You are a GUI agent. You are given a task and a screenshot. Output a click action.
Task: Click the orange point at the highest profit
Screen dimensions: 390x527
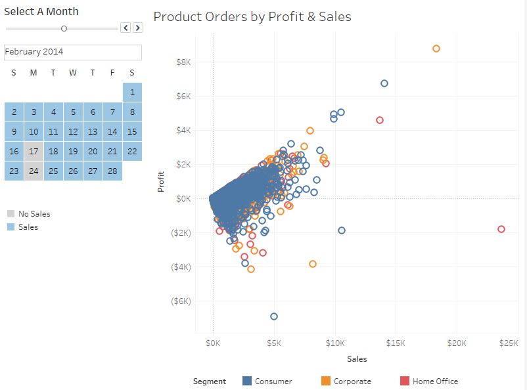point(436,49)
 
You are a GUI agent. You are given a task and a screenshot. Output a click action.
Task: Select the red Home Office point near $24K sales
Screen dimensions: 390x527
point(501,229)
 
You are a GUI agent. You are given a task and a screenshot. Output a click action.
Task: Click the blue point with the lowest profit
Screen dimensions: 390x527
point(274,316)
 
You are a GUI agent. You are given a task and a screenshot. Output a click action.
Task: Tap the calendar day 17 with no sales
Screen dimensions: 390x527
point(34,151)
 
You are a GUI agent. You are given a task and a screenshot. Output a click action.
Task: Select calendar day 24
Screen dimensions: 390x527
point(34,171)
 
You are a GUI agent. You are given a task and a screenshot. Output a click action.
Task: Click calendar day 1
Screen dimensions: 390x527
point(132,92)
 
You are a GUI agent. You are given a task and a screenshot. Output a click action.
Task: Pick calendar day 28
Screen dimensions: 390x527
point(112,171)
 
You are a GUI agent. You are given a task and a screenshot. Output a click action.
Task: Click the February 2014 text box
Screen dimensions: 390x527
point(72,52)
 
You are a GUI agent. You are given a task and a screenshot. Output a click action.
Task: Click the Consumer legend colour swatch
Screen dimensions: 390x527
point(247,381)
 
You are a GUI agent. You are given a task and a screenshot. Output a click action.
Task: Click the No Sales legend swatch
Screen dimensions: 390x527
point(11,213)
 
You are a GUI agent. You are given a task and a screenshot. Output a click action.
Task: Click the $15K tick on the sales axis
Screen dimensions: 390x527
point(396,343)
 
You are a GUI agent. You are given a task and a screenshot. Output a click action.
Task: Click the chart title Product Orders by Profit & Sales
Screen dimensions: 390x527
point(252,17)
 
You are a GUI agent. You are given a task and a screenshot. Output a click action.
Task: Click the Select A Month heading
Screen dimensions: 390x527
point(41,11)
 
